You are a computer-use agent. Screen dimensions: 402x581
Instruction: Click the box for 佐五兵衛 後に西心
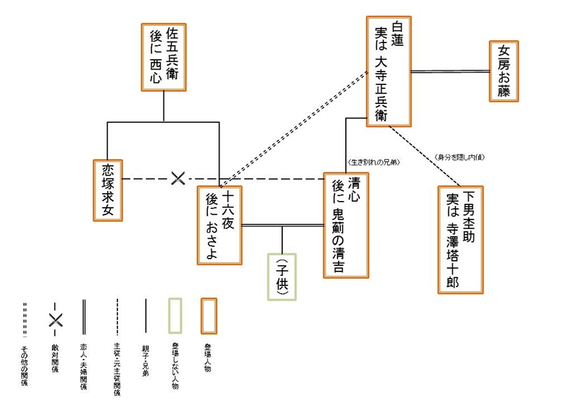coord(163,57)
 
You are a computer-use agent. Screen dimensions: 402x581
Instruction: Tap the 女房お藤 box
coord(504,72)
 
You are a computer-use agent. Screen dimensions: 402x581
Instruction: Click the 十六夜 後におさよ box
coord(219,225)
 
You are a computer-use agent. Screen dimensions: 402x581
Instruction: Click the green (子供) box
coord(282,276)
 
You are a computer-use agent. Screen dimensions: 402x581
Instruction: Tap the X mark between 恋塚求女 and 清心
coord(178,178)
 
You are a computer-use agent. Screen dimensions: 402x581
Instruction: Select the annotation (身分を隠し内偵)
coord(459,157)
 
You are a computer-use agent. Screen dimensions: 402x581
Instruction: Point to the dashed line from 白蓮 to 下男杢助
coord(425,155)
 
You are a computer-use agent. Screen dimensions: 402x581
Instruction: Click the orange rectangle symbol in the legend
coord(209,318)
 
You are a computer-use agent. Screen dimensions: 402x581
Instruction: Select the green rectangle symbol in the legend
coord(176,318)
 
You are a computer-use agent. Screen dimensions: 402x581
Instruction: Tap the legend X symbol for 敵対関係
coord(54,319)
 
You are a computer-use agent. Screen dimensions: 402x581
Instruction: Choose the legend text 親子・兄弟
coord(145,358)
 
